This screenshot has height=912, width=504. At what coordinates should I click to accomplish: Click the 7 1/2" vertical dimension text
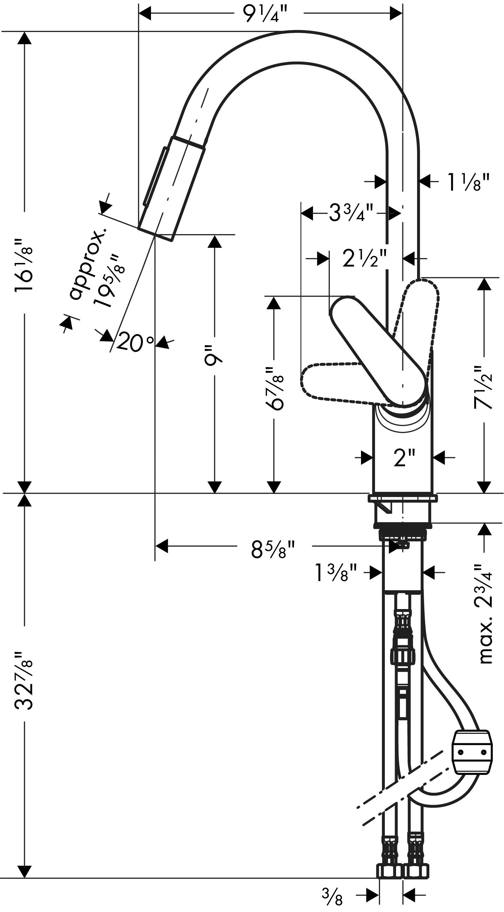[483, 387]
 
